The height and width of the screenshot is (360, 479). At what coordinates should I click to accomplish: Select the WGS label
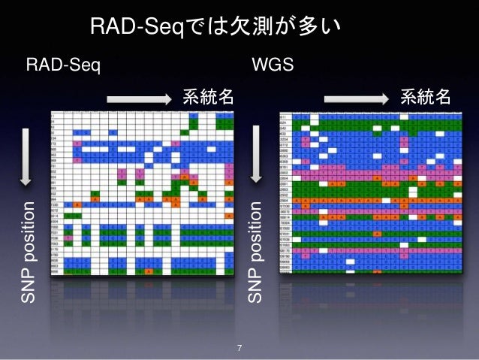[x=273, y=66]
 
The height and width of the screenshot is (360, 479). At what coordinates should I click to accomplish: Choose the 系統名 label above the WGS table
[x=425, y=98]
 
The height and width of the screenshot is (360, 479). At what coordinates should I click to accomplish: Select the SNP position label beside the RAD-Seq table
[x=27, y=252]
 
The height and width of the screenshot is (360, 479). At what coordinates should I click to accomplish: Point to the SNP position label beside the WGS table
[x=257, y=252]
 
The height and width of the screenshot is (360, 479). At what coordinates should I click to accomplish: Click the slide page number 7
[x=239, y=347]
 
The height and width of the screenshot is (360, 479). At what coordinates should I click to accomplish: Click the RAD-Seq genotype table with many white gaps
[x=142, y=192]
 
